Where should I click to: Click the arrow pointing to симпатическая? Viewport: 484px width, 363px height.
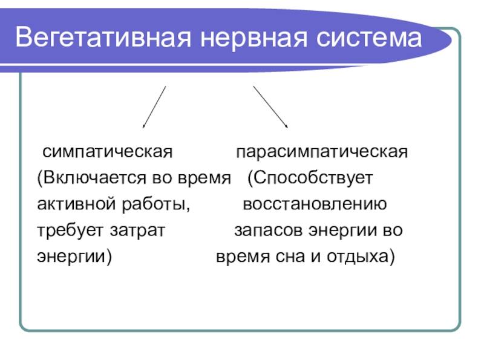point(154,107)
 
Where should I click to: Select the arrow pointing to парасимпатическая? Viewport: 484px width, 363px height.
point(270,107)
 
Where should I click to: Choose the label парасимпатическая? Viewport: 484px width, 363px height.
point(322,151)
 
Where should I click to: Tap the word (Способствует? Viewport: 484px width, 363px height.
point(313,178)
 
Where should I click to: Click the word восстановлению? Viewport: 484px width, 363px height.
point(314,204)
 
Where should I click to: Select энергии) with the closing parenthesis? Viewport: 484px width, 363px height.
point(74,257)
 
